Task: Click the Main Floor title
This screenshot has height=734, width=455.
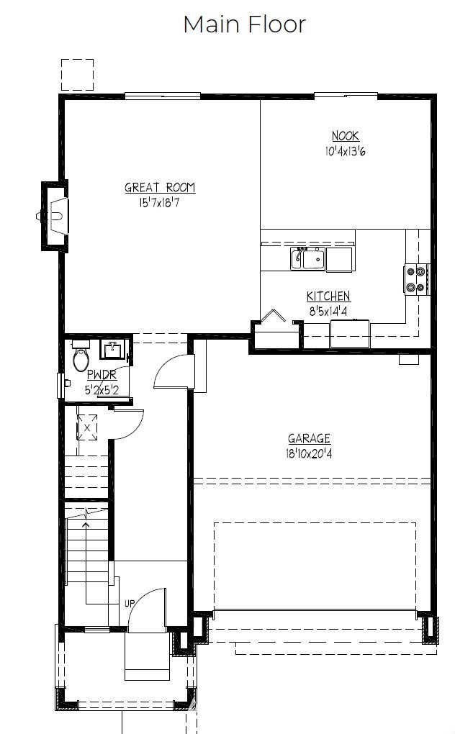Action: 244,24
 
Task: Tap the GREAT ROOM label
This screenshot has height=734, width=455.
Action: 160,188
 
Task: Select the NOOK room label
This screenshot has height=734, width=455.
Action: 346,136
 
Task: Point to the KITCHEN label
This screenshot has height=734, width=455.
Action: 328,296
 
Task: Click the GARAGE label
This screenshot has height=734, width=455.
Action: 309,439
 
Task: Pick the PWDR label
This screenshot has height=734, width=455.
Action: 102,374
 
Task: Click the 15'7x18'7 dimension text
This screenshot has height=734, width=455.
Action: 159,203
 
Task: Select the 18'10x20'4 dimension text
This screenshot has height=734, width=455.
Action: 309,453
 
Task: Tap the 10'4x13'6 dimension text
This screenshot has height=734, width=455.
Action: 346,150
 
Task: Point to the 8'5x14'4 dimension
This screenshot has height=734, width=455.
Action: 328,311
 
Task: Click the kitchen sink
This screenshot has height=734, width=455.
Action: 307,258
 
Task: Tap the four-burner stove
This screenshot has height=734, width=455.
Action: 416,279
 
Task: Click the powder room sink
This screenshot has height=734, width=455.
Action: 112,350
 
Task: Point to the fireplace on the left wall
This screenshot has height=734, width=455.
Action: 55,216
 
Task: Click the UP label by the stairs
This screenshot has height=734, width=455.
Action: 130,604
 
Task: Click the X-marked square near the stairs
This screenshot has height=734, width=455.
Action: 87,427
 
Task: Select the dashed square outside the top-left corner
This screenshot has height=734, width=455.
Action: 77,75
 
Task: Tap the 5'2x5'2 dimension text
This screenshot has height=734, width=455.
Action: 102,389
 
